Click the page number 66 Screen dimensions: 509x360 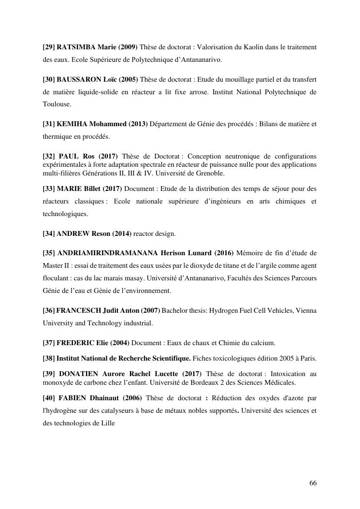point(313,483)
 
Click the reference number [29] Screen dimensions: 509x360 point(49,47)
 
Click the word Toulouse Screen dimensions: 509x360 point(57,104)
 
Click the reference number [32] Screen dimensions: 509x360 point(49,156)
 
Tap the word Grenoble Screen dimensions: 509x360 point(211,173)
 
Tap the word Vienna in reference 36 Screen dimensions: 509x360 point(305,310)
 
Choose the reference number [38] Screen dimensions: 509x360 point(49,358)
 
